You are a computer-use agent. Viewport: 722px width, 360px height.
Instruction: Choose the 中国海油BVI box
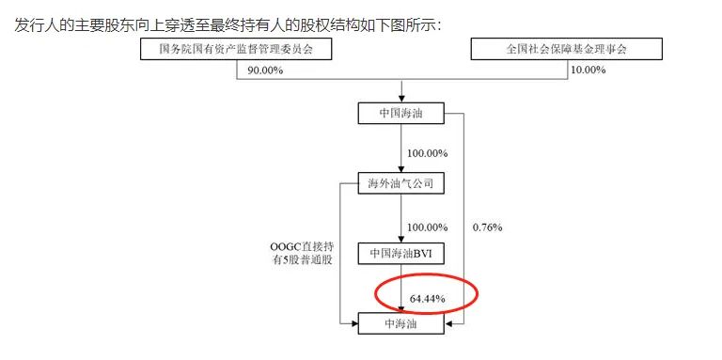(400, 253)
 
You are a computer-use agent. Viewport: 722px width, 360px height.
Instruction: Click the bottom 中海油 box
(400, 324)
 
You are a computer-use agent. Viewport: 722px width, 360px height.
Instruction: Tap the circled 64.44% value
(427, 299)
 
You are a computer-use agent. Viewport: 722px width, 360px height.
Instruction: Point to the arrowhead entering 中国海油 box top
(401, 100)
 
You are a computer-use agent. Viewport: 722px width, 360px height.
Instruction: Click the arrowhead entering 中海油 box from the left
(353, 324)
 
